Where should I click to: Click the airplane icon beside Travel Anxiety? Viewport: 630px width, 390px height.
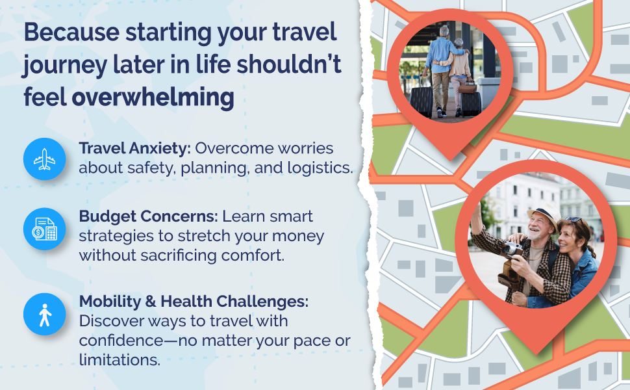coord(45,159)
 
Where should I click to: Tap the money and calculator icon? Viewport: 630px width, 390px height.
coord(45,229)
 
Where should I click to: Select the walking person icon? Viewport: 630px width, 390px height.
coord(45,315)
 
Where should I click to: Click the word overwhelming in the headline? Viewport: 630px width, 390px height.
coord(153,97)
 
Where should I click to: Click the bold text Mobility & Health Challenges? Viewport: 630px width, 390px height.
coord(194,302)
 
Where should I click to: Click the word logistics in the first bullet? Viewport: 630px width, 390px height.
coord(322,168)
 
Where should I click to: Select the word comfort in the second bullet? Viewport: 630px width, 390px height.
coord(251,255)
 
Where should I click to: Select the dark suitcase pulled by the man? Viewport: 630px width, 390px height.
coord(422,101)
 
